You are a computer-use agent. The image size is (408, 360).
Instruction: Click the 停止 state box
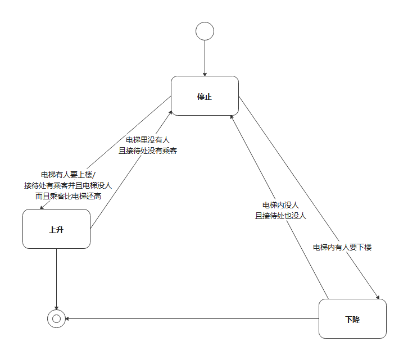205,96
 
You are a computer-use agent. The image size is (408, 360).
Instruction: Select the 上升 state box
56,229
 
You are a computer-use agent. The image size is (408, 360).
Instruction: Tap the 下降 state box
352,319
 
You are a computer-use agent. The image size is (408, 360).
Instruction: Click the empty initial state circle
205,31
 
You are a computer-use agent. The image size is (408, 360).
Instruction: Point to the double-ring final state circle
56,318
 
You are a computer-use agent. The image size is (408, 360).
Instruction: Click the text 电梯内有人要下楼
342,247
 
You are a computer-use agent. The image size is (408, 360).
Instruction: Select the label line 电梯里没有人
148,140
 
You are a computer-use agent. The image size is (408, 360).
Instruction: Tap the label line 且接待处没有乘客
148,151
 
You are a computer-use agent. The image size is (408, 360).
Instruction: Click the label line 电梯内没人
280,205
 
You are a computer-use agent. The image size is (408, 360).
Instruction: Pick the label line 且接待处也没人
280,216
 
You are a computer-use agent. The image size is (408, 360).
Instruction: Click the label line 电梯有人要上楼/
69,175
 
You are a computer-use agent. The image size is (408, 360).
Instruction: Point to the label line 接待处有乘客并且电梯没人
69,185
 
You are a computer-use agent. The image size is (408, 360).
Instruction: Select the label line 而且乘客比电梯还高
69,196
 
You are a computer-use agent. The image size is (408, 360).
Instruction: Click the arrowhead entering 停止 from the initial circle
205,74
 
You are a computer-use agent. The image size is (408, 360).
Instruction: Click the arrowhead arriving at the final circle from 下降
67,319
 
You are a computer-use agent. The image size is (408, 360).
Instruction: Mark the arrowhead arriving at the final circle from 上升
56,307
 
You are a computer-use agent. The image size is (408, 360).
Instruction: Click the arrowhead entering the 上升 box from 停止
42,207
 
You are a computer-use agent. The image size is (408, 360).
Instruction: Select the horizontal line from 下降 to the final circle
191,319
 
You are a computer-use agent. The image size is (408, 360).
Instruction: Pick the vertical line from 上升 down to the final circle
56,275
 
